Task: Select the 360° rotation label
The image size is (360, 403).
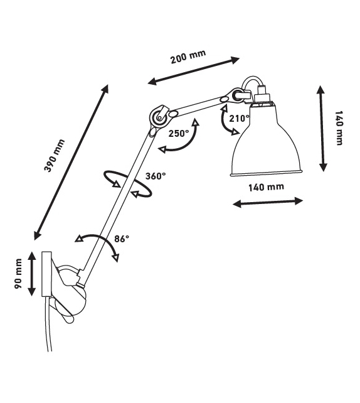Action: point(156,176)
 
